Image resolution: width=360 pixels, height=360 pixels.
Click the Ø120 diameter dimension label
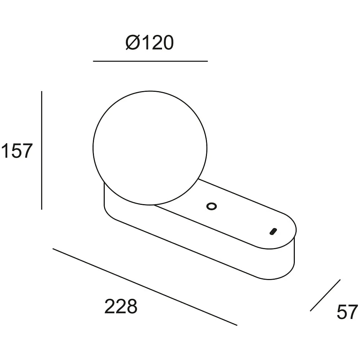(x=150, y=43)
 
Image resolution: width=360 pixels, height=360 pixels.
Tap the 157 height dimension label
(x=17, y=151)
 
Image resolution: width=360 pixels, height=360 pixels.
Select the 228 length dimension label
(x=121, y=306)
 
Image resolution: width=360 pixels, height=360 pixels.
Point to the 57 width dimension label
(x=347, y=312)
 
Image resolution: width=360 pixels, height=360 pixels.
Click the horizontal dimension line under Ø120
(x=150, y=61)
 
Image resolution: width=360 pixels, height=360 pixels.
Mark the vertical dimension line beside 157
(x=41, y=150)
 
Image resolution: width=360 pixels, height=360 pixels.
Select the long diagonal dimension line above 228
(x=145, y=287)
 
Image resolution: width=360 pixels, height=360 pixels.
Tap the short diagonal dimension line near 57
(x=325, y=295)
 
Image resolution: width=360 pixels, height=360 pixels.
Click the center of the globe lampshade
(x=150, y=148)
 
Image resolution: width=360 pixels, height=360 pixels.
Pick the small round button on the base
(x=211, y=206)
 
